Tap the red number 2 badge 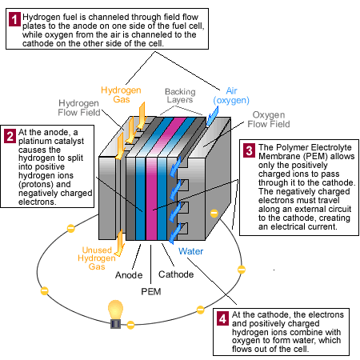(10, 134)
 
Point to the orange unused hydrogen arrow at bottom (118, 241)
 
